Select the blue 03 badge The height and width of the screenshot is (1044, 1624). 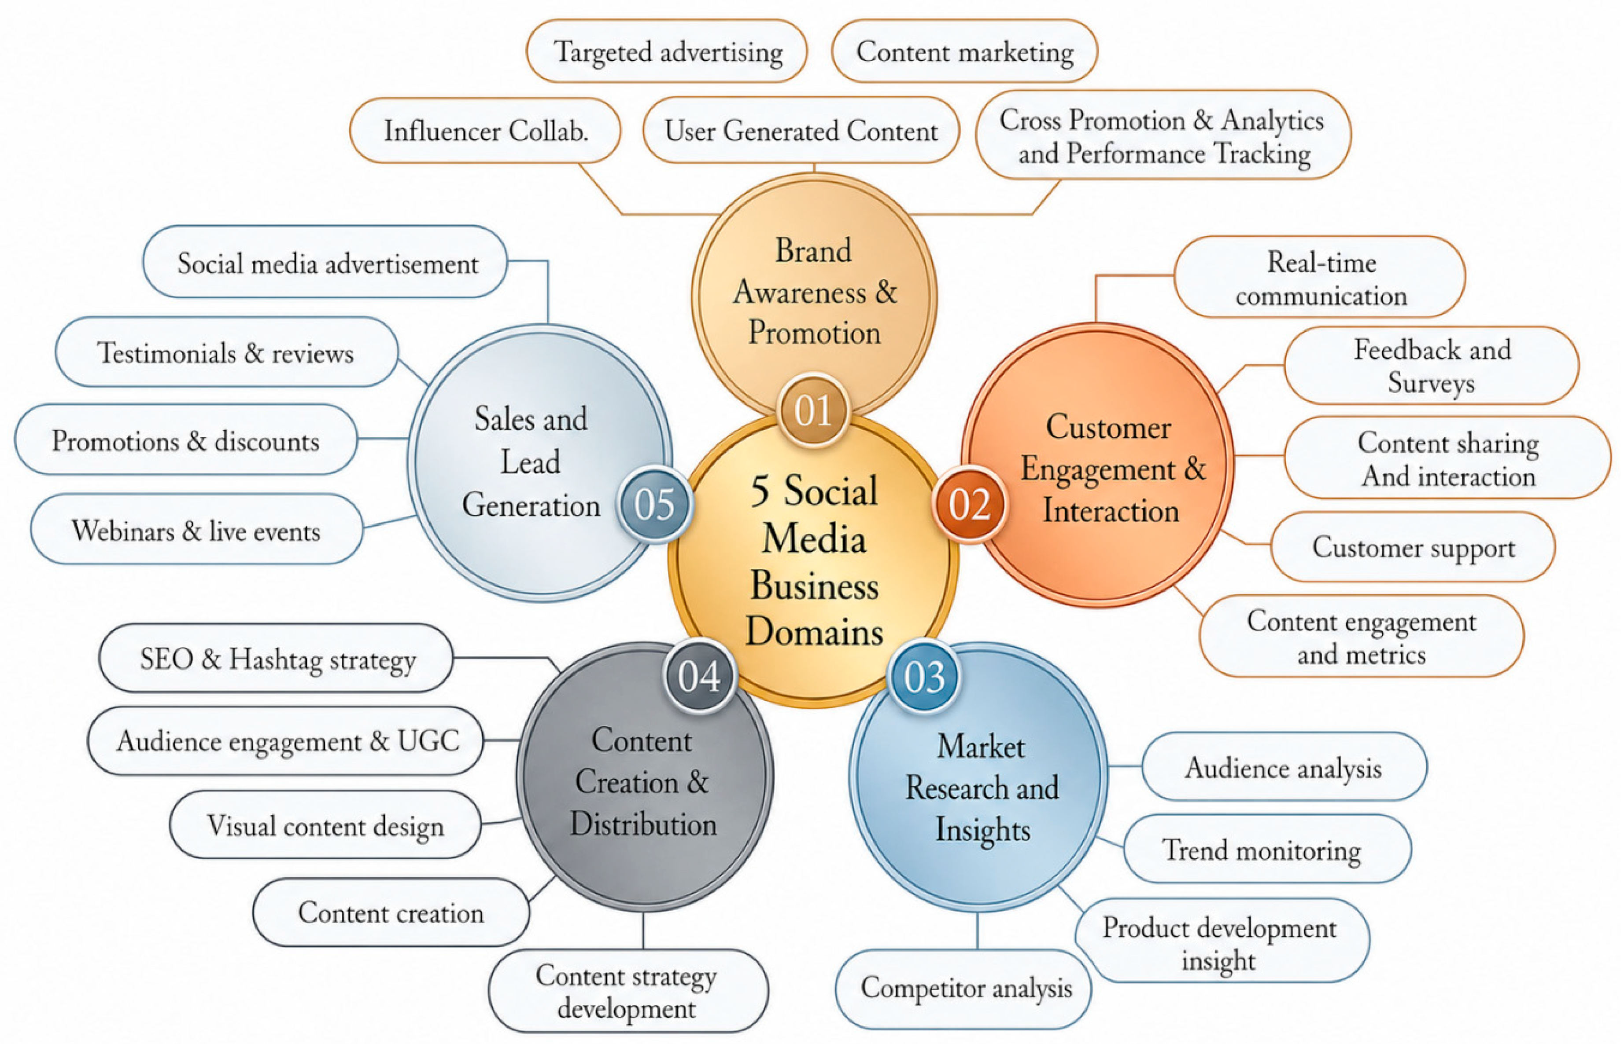point(924,677)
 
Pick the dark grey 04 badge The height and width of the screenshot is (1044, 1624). point(699,675)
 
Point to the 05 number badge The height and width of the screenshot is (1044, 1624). point(654,504)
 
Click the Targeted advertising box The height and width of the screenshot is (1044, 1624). point(667,51)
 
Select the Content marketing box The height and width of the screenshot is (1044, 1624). point(965,51)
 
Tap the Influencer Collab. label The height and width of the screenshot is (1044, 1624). point(486,131)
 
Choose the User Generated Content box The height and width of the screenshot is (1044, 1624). point(801,131)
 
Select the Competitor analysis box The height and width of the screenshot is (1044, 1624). point(964,989)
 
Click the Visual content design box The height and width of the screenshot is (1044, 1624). point(325,825)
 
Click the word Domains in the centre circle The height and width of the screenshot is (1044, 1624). point(814,632)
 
